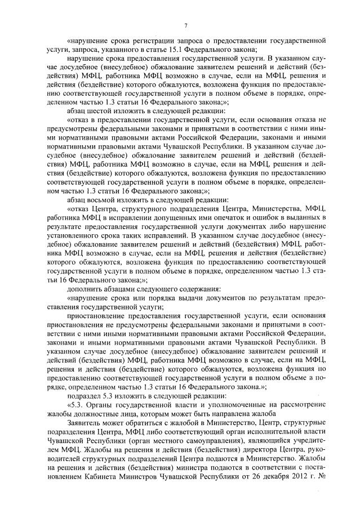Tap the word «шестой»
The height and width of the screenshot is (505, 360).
[x=98, y=112]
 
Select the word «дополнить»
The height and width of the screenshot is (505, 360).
[x=83, y=288]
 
